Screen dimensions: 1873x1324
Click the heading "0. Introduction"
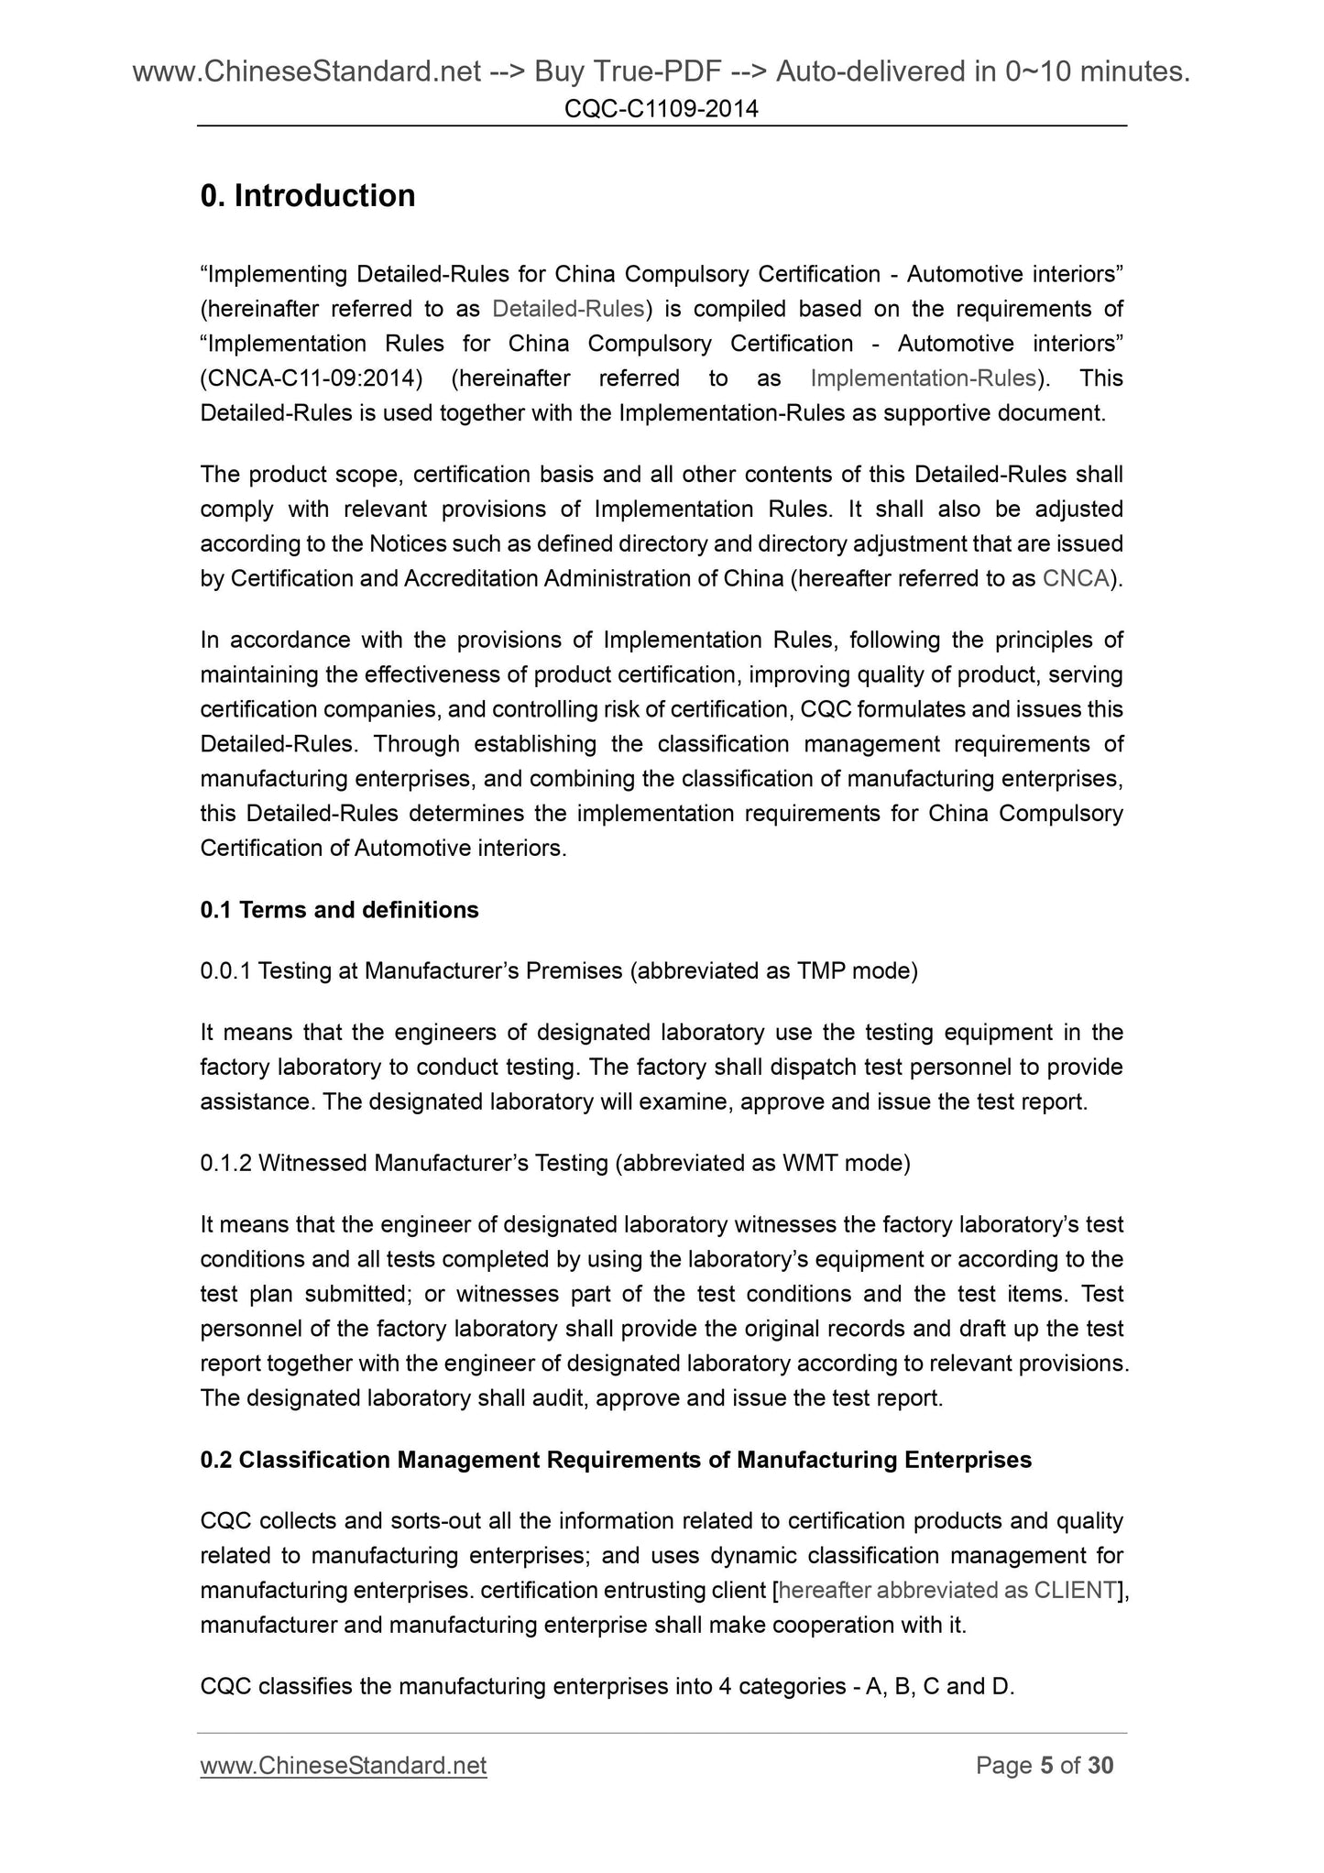point(308,196)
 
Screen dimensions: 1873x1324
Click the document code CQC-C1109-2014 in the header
point(662,110)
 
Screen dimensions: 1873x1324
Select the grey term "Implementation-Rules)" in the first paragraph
point(928,378)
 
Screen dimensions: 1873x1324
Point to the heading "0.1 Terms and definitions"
point(339,910)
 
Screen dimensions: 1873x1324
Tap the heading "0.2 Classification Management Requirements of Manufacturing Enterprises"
point(616,1460)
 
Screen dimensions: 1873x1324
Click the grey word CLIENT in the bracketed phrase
point(1073,1591)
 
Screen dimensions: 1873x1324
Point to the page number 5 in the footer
point(1045,1766)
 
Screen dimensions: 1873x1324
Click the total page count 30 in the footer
point(1100,1766)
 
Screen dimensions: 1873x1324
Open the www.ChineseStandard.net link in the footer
point(344,1766)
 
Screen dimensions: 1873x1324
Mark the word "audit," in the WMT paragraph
point(557,1398)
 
